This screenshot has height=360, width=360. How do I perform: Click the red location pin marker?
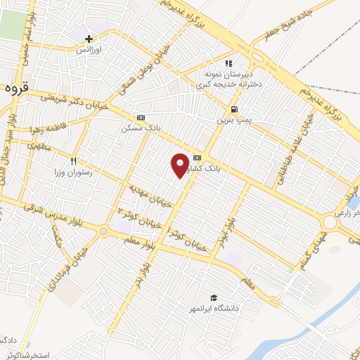click(180, 163)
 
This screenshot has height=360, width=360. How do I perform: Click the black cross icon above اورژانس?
click(89, 38)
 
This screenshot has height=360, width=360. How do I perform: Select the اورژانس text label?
click(89, 51)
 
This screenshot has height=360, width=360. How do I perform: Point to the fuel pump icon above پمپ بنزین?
click(233, 109)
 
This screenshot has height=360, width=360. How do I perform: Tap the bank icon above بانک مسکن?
click(141, 117)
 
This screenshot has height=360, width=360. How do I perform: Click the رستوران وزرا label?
click(73, 172)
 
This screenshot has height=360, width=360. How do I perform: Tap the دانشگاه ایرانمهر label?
click(214, 309)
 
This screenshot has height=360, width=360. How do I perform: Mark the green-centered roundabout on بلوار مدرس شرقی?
click(105, 231)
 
